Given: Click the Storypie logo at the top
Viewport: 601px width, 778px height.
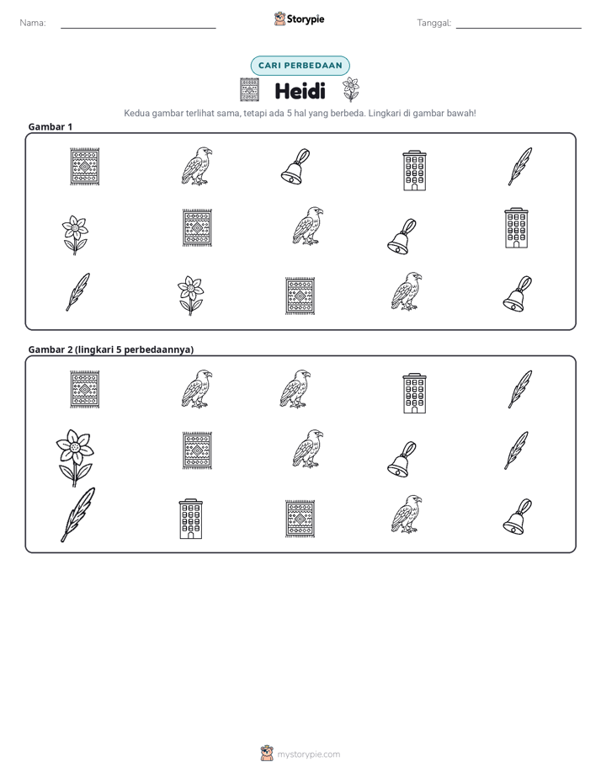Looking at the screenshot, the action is pos(299,19).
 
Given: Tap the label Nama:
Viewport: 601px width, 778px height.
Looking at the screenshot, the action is pos(33,23).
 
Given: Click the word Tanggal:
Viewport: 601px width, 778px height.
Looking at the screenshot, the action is pos(433,23).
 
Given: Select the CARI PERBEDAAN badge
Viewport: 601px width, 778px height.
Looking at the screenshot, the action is pos(300,66).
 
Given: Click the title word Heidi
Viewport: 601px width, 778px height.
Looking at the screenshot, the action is pos(300,91).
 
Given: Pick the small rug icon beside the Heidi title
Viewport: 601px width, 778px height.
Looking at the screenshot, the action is pos(249,90).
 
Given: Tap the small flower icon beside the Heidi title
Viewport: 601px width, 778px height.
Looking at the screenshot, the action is pos(350,89).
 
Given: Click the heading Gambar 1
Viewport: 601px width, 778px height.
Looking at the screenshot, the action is pos(51,126).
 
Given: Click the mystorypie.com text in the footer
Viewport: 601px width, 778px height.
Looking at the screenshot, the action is pos(308,754).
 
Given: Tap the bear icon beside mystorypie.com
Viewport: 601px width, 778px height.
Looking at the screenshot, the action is pos(267,754).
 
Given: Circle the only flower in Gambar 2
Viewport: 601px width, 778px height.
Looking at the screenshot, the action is pos(74,457).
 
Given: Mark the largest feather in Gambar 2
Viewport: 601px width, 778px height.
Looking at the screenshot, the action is pos(77,514).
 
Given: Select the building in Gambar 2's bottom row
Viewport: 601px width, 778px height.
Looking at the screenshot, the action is pos(191,519).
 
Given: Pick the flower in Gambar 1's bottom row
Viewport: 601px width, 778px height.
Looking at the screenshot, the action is pos(190,296).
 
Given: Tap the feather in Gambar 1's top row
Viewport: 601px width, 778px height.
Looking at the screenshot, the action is pos(520,166).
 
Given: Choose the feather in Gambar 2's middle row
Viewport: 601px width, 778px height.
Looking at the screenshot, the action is pos(516,450).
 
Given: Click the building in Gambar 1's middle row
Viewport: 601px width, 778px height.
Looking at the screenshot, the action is pos(516,228).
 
